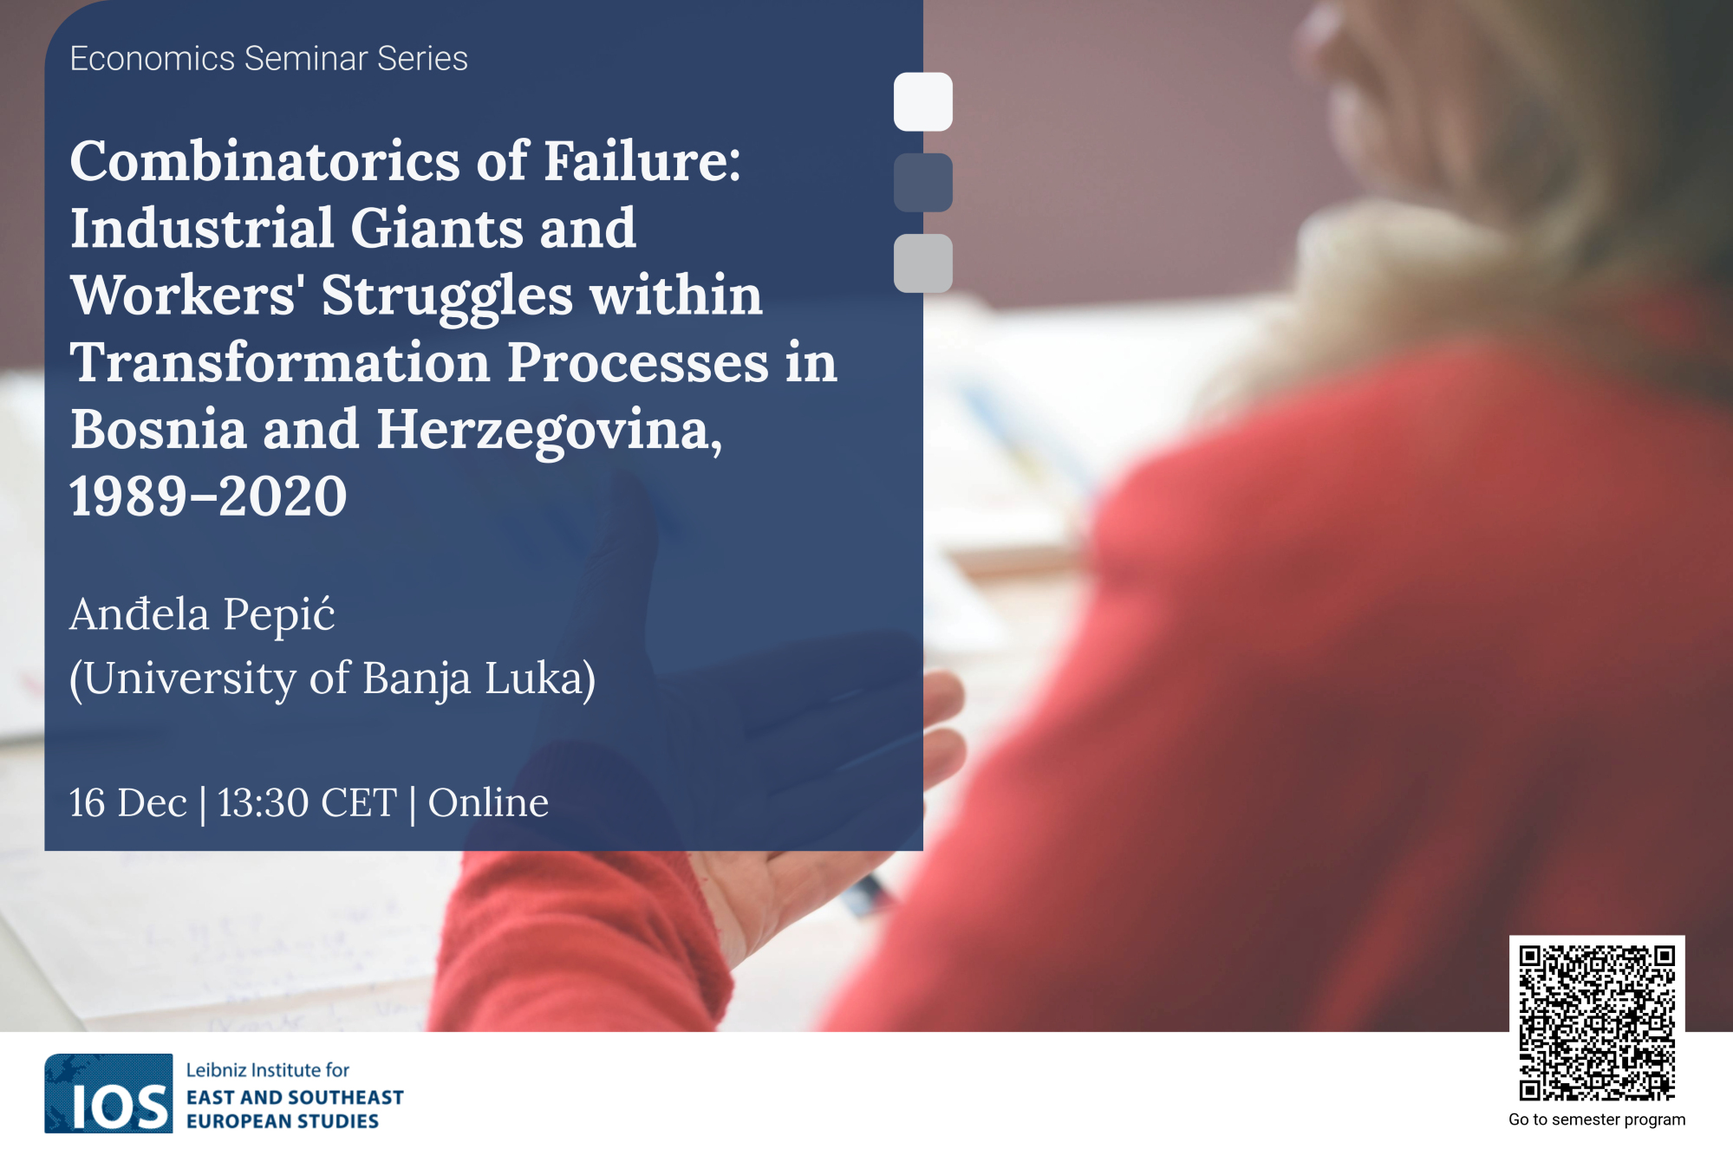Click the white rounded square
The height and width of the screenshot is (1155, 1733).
(922, 101)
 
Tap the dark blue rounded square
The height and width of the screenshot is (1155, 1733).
(922, 182)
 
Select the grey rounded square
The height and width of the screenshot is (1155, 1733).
(922, 263)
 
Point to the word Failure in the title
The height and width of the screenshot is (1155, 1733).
(642, 161)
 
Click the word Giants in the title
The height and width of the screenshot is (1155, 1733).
(438, 228)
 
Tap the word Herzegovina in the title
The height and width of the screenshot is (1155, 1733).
(549, 431)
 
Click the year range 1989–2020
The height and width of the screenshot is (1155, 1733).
(208, 496)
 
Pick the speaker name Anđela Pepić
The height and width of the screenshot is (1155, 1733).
(202, 614)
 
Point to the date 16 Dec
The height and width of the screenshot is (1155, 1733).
(128, 802)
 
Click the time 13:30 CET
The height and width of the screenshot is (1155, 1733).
(307, 802)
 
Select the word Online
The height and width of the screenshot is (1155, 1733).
(488, 802)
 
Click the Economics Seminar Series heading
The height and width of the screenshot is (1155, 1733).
(269, 59)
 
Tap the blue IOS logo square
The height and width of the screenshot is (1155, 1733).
(108, 1093)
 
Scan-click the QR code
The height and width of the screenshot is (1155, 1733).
(1597, 1023)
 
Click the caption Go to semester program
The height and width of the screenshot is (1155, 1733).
(1597, 1119)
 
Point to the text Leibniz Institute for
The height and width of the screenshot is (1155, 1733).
(268, 1070)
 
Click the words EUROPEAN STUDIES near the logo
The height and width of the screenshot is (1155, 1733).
(283, 1121)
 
